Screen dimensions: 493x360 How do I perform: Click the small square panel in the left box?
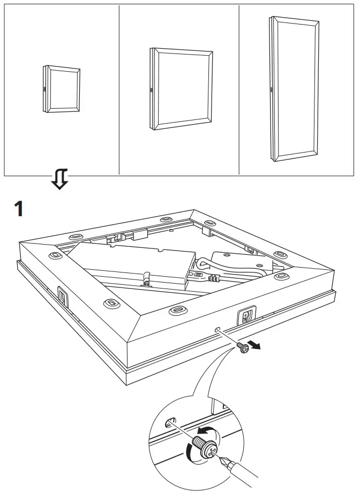point(61,89)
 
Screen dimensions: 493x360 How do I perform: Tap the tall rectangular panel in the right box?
point(295,89)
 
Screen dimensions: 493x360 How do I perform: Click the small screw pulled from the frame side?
point(242,347)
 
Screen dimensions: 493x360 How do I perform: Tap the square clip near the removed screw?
point(247,317)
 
